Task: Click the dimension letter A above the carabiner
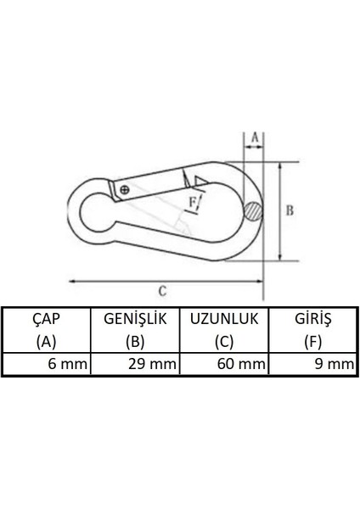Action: tap(253, 137)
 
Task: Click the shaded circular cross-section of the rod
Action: tap(251, 211)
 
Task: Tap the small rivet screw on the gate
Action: tap(127, 190)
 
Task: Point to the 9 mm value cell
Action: tap(333, 365)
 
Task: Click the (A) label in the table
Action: tap(45, 343)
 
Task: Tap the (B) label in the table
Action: tap(135, 343)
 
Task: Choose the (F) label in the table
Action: tap(312, 343)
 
